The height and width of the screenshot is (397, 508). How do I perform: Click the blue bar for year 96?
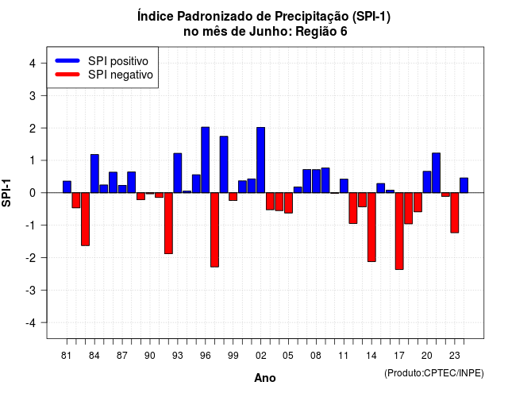[205, 160]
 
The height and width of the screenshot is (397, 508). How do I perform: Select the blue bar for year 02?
[261, 160]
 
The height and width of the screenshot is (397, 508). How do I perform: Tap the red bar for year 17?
[399, 231]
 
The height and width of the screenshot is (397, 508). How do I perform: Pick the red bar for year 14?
[371, 227]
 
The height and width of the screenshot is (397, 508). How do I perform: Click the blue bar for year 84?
[94, 174]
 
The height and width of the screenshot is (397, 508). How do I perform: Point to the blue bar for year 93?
[178, 173]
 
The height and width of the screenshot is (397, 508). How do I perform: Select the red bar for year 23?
[455, 213]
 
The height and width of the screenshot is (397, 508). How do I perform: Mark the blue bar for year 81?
[67, 187]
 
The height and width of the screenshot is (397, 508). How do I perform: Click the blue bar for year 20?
[427, 182]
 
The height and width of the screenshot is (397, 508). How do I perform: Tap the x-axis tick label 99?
[233, 356]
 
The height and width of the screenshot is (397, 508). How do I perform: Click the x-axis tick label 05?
[288, 356]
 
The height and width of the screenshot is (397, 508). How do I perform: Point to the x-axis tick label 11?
[343, 356]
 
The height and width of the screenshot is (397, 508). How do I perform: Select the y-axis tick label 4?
[33, 64]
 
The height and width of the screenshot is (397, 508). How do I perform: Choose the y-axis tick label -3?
[30, 290]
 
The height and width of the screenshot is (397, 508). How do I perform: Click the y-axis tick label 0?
[33, 193]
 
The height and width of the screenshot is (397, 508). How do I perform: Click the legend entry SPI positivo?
[118, 61]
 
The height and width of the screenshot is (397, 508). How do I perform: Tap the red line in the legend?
[67, 75]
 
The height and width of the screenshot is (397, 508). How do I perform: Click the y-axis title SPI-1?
[6, 193]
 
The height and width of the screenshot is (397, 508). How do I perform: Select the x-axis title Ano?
[265, 378]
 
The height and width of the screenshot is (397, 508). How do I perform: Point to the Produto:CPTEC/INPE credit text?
[434, 373]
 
